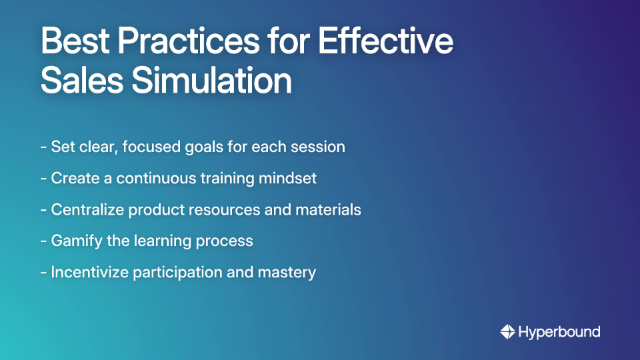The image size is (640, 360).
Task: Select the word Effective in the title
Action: pyautogui.click(x=385, y=41)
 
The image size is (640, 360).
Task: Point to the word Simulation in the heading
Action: pyautogui.click(x=211, y=81)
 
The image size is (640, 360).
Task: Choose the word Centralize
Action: pyautogui.click(x=87, y=209)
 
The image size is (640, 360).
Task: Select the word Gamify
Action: pyautogui.click(x=75, y=241)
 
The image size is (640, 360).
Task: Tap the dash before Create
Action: pyautogui.click(x=43, y=178)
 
